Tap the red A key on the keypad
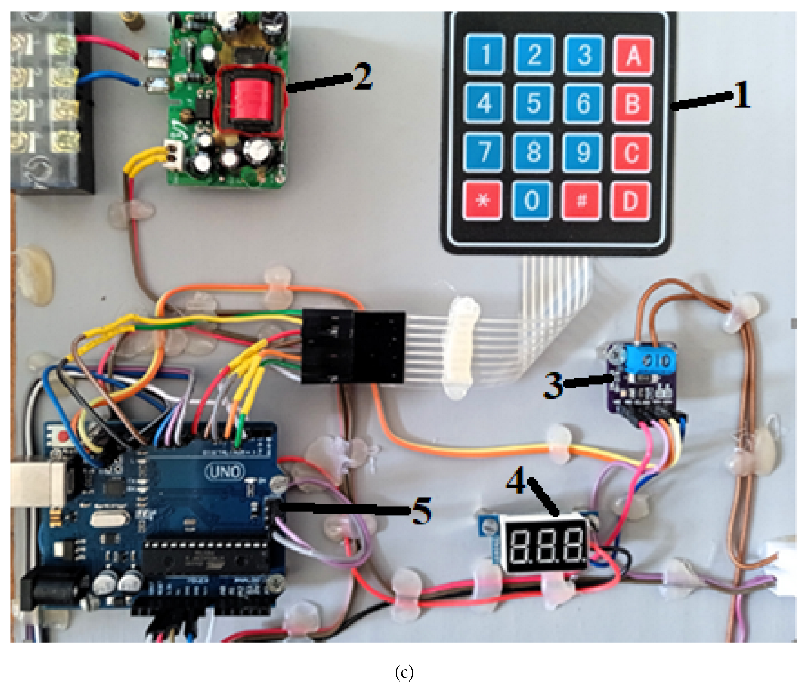coord(633,54)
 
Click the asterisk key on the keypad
coord(483,201)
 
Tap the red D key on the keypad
coord(630,201)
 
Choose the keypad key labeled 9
coord(583,152)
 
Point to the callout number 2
coord(362,77)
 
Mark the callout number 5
coord(421,510)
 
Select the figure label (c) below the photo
coord(404,672)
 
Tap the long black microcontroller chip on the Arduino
coord(205,558)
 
